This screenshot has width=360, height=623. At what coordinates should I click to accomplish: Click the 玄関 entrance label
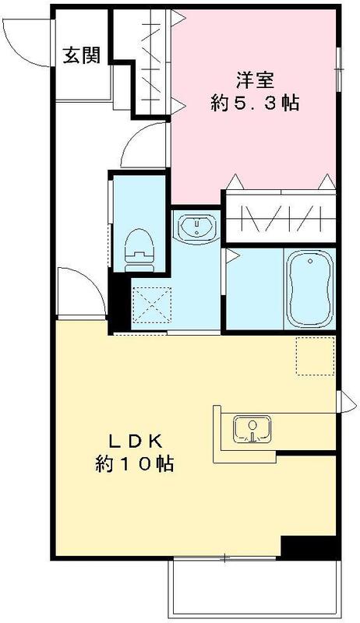click(81, 55)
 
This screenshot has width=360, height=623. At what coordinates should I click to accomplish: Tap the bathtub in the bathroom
click(310, 290)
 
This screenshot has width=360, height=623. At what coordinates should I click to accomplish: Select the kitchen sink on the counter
click(251, 430)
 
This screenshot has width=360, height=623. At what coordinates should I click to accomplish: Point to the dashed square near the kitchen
click(315, 357)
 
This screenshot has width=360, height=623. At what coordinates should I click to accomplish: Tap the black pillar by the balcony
click(308, 547)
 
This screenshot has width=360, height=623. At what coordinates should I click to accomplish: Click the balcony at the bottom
click(253, 588)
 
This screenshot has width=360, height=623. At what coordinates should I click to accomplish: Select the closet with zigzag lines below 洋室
click(280, 218)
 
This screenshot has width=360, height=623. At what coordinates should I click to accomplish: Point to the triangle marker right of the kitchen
click(341, 402)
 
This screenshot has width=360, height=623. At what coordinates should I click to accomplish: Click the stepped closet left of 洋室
click(152, 62)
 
